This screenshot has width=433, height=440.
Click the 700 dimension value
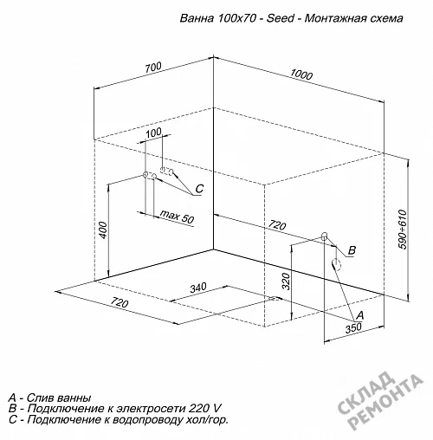pyautogui.click(x=153, y=68)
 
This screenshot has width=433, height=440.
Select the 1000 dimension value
pyautogui.click(x=301, y=74)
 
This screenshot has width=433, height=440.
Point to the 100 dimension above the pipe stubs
pyautogui.click(x=153, y=133)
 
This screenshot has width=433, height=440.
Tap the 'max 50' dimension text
pyautogui.click(x=177, y=217)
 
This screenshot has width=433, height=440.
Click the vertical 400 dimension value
pyautogui.click(x=103, y=230)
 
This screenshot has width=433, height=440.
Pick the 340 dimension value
pyautogui.click(x=198, y=288)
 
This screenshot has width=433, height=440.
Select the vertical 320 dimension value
pyautogui.click(x=286, y=281)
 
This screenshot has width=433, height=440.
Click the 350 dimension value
pyautogui.click(x=353, y=328)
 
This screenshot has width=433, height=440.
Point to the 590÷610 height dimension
pyautogui.click(x=402, y=230)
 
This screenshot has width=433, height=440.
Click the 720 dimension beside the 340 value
pyautogui.click(x=120, y=302)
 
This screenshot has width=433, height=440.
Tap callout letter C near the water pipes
pyautogui.click(x=199, y=189)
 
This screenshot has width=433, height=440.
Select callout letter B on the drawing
pyautogui.click(x=352, y=250)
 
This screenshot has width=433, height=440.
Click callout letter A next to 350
pyautogui.click(x=359, y=315)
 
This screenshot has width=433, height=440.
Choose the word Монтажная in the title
pyautogui.click(x=335, y=18)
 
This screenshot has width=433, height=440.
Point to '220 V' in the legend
pyautogui.click(x=205, y=409)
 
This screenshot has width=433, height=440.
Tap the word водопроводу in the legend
pyautogui.click(x=149, y=420)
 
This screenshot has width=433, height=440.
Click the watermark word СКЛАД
pyautogui.click(x=366, y=393)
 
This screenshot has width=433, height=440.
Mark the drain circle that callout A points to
pyautogui.click(x=336, y=264)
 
